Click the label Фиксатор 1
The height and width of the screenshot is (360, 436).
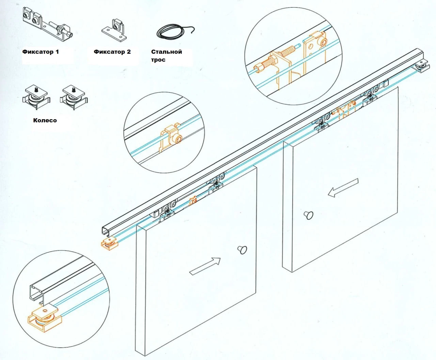pyautogui.click(x=41, y=52)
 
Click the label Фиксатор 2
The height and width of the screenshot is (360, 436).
pyautogui.click(x=112, y=52)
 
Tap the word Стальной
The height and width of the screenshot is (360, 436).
pyautogui.click(x=167, y=52)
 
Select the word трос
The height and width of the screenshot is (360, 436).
pyautogui.click(x=158, y=60)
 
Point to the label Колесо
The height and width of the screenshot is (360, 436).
pyautogui.click(x=45, y=120)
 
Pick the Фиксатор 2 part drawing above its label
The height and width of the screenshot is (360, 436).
pyautogui.click(x=114, y=30)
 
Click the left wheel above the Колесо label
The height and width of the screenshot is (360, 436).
pyautogui.click(x=36, y=97)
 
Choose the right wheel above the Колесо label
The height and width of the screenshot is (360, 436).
pyautogui.click(x=74, y=97)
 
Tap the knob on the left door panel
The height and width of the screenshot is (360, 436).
pyautogui.click(x=243, y=250)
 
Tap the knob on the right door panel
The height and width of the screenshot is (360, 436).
pyautogui.click(x=308, y=215)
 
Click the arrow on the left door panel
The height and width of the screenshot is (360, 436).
pyautogui.click(x=205, y=266)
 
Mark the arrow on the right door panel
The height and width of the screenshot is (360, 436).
pyautogui.click(x=343, y=188)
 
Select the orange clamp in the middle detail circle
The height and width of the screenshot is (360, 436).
pyautogui.click(x=170, y=137)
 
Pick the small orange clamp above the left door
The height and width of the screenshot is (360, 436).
pyautogui.click(x=193, y=201)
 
